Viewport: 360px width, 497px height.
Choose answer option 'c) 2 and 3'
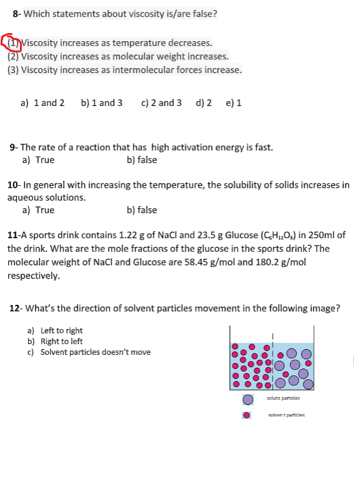162,102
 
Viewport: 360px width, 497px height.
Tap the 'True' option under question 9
38,160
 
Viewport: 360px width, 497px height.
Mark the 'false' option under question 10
142,210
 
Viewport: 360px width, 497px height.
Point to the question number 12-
17,308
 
